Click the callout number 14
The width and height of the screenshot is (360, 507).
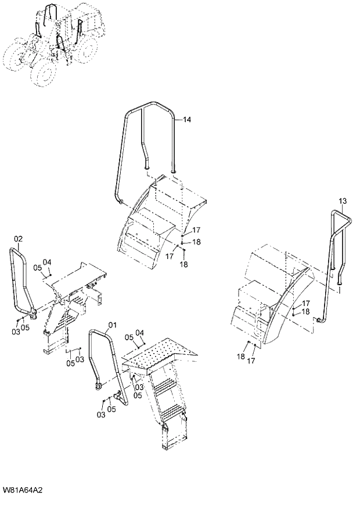pyautogui.click(x=187, y=120)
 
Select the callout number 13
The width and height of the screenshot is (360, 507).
pyautogui.click(x=343, y=201)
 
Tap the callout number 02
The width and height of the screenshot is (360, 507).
pyautogui.click(x=18, y=239)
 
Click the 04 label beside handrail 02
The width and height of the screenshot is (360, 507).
pyautogui.click(x=47, y=262)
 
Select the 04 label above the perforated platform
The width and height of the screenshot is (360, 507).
pyautogui.click(x=139, y=333)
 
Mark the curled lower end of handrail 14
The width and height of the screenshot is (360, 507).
pyautogui.click(x=120, y=202)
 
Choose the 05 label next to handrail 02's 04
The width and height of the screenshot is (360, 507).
pyautogui.click(x=37, y=267)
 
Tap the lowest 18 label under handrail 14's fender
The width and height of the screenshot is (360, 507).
pyautogui.click(x=184, y=265)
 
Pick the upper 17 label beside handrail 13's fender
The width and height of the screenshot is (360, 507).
pyautogui.click(x=305, y=303)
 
